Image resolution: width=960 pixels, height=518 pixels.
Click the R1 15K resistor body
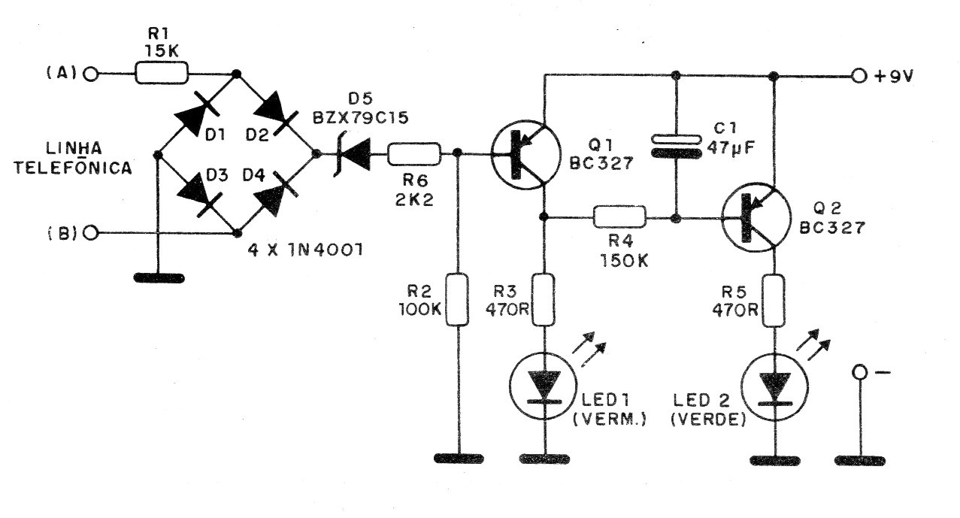tap(162, 74)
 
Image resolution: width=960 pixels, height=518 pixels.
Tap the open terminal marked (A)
tap(92, 74)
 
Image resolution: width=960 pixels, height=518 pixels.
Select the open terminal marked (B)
tap(92, 233)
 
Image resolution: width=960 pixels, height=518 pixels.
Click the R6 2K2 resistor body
tap(414, 155)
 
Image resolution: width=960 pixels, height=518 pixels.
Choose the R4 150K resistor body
tap(619, 219)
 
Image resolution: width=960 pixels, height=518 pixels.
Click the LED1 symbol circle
tap(543, 384)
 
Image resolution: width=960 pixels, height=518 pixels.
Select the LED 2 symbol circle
tap(774, 384)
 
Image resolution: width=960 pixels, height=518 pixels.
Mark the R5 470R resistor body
tap(774, 300)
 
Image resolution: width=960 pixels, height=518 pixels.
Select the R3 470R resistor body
tap(543, 300)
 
